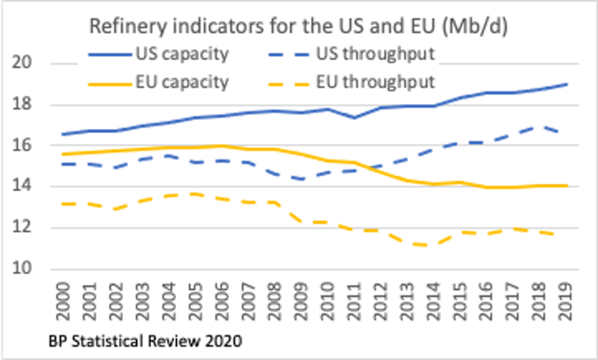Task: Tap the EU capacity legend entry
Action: click(x=180, y=82)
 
